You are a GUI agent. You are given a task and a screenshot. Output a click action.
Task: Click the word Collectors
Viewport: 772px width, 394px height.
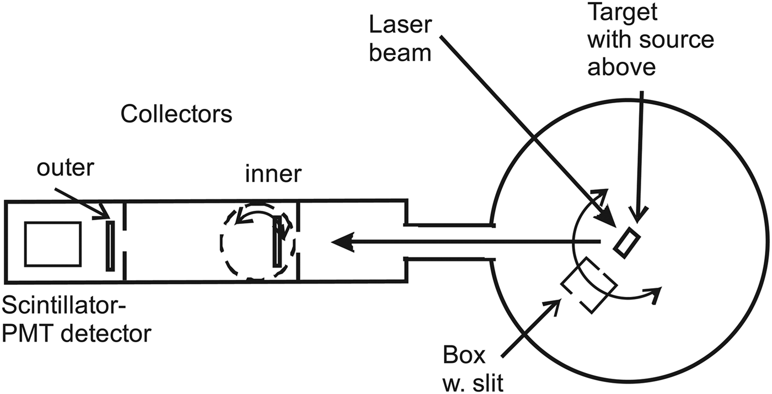pos(176,115)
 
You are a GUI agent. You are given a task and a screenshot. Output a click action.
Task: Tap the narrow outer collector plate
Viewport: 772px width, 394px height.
pos(111,246)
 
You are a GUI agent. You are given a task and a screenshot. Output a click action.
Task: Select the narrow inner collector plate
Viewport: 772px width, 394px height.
pos(277,242)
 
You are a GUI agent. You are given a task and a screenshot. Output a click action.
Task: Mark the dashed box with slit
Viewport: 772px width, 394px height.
pos(588,285)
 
